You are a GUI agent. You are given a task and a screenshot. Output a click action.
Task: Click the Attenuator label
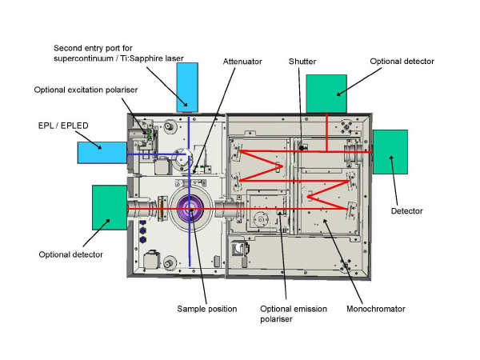(242, 62)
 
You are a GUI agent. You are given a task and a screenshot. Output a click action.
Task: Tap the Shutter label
(302, 62)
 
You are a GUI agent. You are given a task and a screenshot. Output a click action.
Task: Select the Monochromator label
(376, 309)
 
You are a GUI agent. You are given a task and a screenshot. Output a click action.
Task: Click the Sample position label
(207, 309)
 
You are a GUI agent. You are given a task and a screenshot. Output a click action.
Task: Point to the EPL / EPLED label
(63, 126)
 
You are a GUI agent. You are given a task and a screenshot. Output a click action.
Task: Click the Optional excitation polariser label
(86, 90)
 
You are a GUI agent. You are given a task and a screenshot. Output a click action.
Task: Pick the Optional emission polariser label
(294, 314)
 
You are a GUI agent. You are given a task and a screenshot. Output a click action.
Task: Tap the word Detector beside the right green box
(407, 211)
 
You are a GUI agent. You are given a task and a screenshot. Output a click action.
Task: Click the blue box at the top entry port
(187, 87)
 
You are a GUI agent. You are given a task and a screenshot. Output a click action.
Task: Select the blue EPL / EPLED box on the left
(102, 153)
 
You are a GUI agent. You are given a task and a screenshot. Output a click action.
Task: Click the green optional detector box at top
(326, 94)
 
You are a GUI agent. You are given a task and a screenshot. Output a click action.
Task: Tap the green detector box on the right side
(390, 152)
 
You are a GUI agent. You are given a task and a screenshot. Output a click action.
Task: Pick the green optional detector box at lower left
(110, 207)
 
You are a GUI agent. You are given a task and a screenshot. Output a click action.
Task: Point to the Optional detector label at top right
(402, 62)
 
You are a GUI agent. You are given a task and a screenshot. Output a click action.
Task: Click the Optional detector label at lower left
(70, 254)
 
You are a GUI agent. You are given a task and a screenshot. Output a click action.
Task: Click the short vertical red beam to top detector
(327, 133)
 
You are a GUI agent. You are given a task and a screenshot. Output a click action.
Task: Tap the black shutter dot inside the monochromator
(302, 148)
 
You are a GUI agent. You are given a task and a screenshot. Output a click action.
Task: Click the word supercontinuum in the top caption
(83, 58)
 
